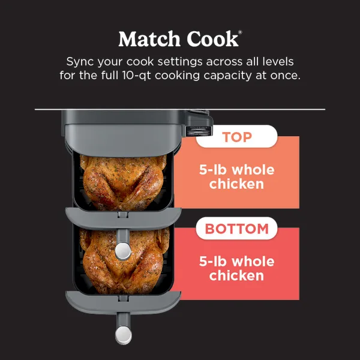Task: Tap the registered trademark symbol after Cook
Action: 240,32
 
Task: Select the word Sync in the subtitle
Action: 81,62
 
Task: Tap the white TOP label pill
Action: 237,137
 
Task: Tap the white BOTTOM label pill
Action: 237,229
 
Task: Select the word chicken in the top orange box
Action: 236,184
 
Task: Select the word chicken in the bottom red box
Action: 236,276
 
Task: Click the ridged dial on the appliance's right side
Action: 199,131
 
